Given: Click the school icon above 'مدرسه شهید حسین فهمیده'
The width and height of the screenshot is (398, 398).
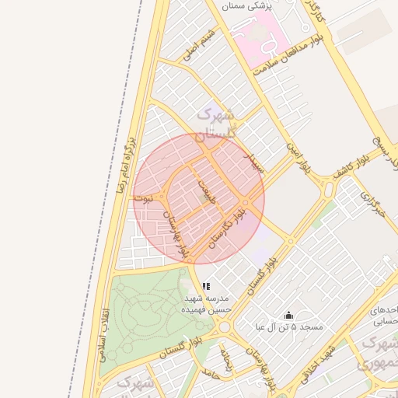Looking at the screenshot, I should [x=206, y=286].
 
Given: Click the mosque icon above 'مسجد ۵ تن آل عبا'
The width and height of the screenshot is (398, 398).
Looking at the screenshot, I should [x=289, y=315].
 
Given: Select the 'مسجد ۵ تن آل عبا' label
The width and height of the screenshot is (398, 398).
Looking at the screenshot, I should [x=289, y=327].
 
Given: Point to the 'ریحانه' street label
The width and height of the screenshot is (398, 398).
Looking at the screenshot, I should [x=227, y=357].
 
